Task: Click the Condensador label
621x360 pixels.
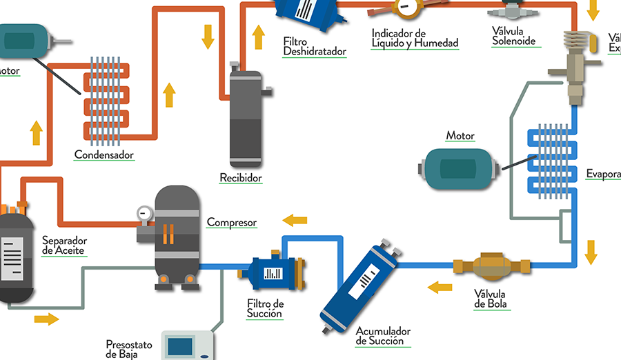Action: pos(103,154)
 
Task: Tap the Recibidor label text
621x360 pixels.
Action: pos(241,178)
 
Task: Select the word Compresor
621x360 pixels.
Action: pos(232,223)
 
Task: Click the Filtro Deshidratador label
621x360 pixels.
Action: pos(314,47)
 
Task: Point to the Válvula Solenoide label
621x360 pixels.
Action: pos(513,36)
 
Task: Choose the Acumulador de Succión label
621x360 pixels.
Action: pos(383,336)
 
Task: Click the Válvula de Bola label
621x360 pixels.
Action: pos(492,299)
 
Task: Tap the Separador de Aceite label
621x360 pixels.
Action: pos(64,245)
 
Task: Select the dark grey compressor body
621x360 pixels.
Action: pos(177,231)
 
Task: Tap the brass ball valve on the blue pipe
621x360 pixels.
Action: pos(492,266)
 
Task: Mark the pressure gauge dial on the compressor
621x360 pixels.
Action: pos(143,213)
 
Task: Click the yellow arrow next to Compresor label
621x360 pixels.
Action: pos(295,221)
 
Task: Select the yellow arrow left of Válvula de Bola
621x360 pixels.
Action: pos(439,286)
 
